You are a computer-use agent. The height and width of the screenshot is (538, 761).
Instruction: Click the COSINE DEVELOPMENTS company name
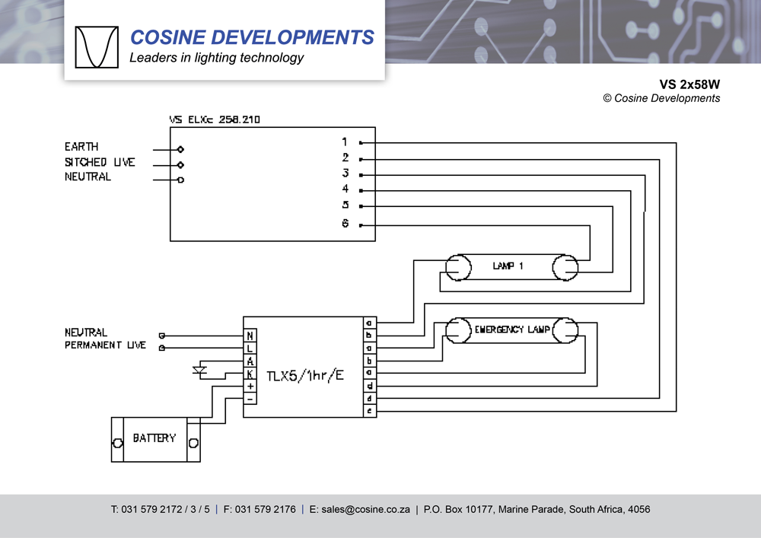[252, 37]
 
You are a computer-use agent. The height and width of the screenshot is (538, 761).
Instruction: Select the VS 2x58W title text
[689, 84]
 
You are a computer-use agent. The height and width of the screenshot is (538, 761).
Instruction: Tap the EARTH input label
[81, 146]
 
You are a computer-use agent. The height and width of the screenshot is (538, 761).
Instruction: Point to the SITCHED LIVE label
[100, 162]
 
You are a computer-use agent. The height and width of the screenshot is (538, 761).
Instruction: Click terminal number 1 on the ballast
[345, 142]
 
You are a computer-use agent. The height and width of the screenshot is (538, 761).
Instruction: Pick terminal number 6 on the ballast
[345, 224]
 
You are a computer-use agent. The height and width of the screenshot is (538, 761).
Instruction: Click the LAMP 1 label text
[508, 266]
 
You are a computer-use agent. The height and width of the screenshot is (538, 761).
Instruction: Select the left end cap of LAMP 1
[457, 266]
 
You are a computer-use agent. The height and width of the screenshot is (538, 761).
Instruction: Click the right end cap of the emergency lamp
[565, 329]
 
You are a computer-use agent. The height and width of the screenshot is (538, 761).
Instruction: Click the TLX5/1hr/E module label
[305, 376]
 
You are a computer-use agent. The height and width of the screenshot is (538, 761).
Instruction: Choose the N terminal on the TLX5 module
[250, 336]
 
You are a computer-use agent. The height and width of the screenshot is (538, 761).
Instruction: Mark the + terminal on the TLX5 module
[250, 387]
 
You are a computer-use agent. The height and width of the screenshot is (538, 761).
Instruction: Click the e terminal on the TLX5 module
[370, 411]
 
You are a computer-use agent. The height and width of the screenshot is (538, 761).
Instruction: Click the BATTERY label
[154, 438]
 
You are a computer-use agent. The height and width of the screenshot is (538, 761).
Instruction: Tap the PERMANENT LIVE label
[105, 345]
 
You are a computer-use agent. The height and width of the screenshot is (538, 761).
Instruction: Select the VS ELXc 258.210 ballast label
[215, 119]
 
